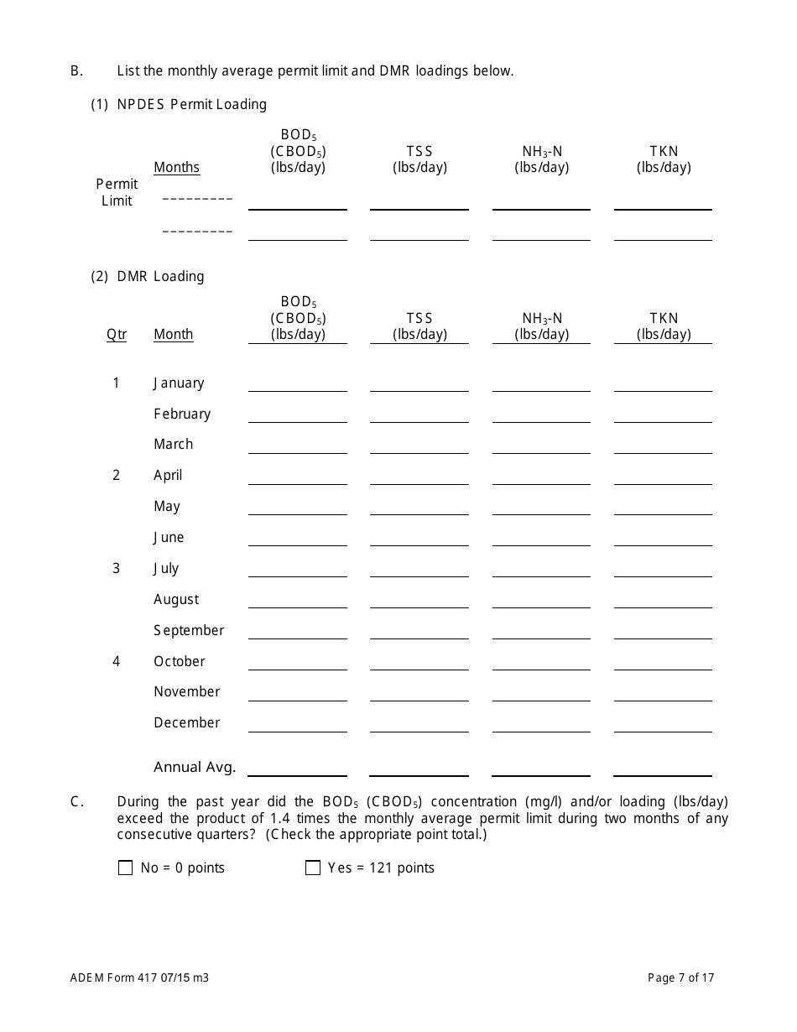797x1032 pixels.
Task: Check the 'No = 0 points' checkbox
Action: [126, 868]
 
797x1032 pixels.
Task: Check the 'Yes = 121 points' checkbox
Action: [313, 868]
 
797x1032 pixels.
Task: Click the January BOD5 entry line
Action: [297, 384]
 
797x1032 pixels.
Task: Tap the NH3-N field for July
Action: [541, 570]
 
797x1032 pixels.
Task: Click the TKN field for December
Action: [663, 724]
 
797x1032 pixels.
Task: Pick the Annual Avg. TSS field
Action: [419, 768]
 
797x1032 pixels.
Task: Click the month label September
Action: [189, 631]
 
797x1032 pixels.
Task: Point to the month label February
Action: [182, 414]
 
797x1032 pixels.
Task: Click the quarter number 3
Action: [117, 569]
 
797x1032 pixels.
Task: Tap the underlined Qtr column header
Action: [117, 335]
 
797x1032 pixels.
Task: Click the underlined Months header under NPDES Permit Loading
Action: [176, 168]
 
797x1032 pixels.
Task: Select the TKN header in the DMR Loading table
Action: [664, 326]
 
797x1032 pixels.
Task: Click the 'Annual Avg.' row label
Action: [195, 767]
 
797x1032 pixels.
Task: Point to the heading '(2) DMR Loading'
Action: [148, 277]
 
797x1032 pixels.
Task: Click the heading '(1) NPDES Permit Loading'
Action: [179, 105]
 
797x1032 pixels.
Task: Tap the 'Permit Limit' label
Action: [117, 192]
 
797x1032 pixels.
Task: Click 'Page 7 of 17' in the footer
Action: [680, 977]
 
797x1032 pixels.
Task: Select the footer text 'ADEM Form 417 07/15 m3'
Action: [139, 977]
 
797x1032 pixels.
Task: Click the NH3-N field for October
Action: [541, 663]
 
